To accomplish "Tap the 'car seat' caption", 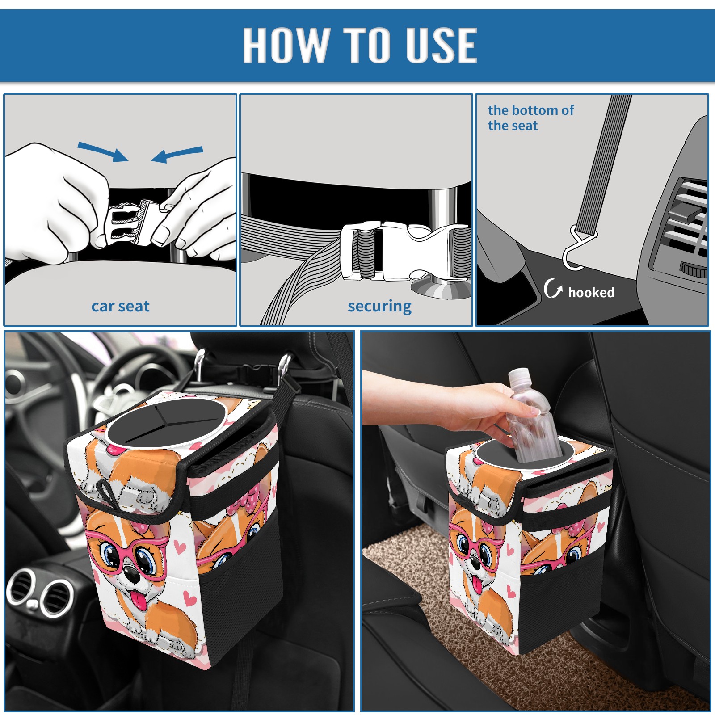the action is tap(120, 307).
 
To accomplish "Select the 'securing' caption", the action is tap(379, 307).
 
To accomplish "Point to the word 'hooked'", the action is tap(591, 292).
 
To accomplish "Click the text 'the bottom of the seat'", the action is tap(530, 118).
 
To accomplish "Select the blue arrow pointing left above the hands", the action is tap(177, 155).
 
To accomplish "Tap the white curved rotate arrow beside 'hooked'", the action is tap(553, 288).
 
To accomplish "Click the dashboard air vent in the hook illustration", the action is tap(686, 223).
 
